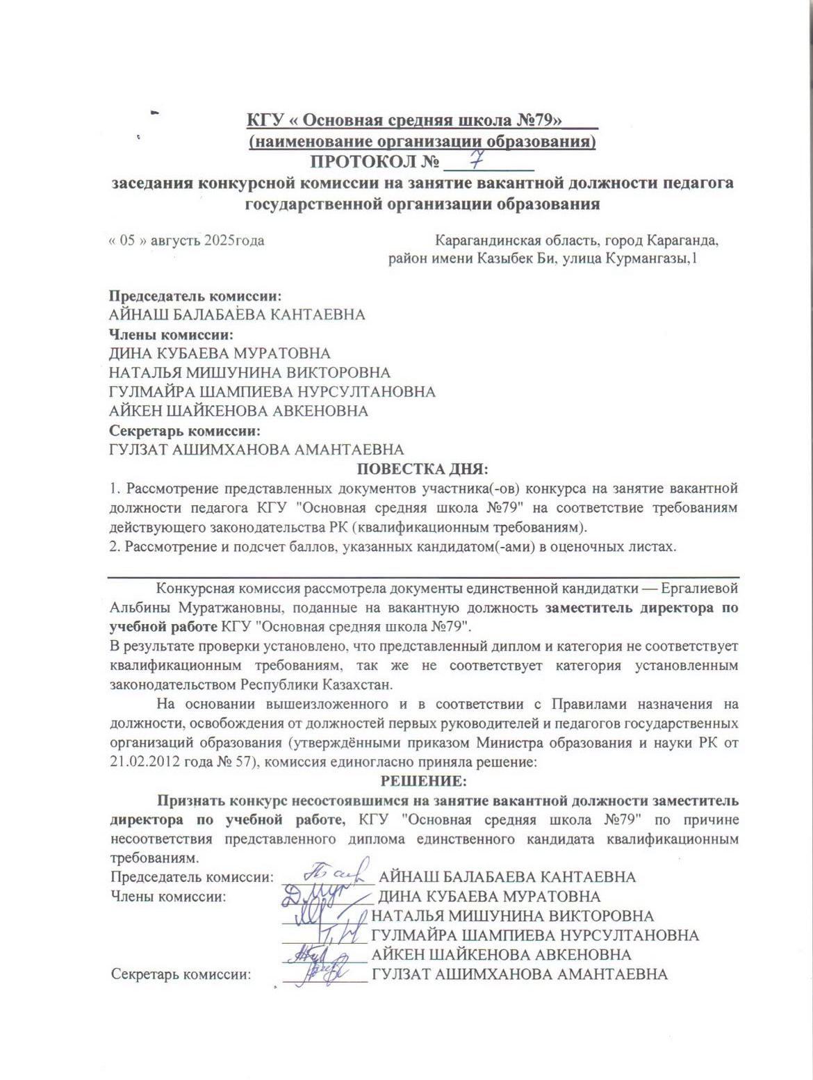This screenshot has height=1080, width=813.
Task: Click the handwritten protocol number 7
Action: [477, 161]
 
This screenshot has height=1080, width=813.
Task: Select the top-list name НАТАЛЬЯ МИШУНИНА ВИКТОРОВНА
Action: [249, 373]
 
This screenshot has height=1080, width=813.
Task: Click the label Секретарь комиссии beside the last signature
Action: [181, 974]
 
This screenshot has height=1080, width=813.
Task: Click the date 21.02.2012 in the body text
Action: [142, 761]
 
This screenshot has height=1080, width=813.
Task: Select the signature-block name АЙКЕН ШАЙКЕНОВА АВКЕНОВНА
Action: [501, 955]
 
